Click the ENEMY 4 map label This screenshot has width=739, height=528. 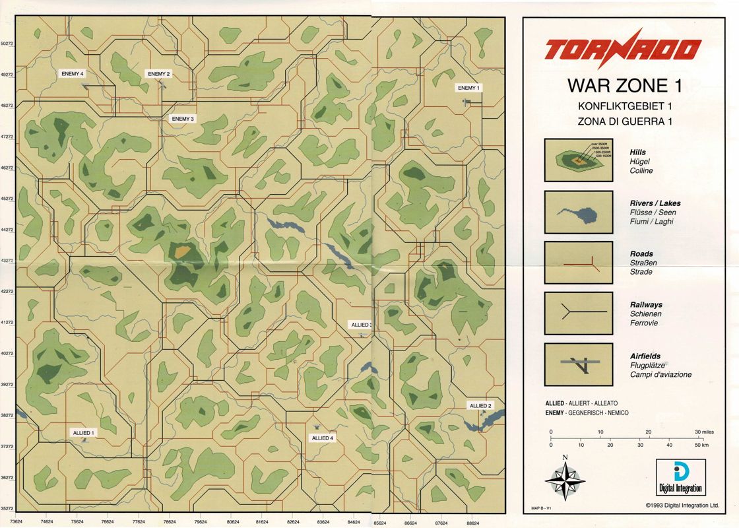pos(73,73)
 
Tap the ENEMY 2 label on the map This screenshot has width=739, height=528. pos(158,74)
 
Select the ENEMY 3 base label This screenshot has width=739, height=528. pos(183,119)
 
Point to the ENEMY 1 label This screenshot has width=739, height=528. pos(469,88)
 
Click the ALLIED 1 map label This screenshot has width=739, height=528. pos(84,432)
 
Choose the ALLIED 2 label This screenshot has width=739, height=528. pos(480,405)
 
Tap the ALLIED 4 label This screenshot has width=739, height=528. pos(323,438)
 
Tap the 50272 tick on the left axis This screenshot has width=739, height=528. pos(7,44)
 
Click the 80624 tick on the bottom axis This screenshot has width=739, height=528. pos(233,521)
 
